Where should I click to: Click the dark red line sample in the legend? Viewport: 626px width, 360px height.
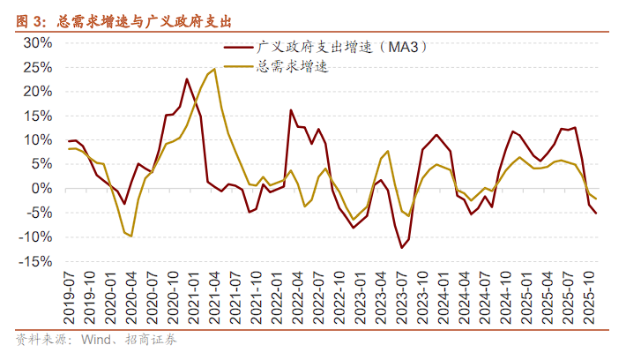tap(237, 48)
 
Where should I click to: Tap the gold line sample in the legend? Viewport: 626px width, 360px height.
tap(237, 66)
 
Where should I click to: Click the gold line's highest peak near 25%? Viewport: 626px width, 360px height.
tap(215, 69)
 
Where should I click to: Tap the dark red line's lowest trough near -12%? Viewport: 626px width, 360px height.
tap(402, 247)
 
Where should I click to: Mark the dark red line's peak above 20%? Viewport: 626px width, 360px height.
tap(187, 79)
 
